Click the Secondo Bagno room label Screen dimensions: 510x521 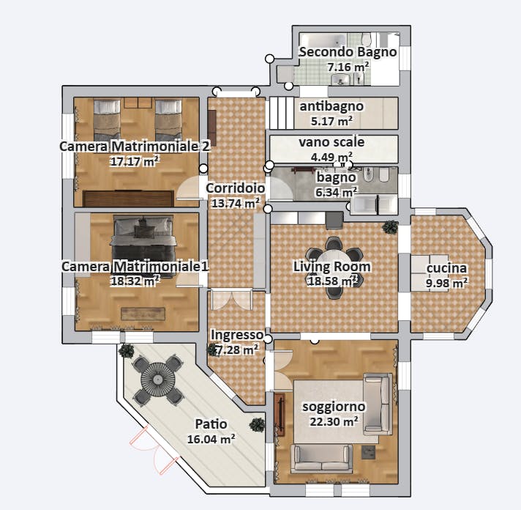(x=348, y=52)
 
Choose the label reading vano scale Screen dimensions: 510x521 (x=331, y=141)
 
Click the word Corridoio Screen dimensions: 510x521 (x=235, y=188)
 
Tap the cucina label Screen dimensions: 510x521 (x=447, y=268)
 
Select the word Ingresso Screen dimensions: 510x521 (x=236, y=335)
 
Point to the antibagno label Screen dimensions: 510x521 (x=331, y=106)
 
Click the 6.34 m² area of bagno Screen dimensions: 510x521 (x=336, y=192)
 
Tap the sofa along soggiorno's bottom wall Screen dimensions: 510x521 (x=323, y=458)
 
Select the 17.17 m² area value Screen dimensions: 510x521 (x=135, y=161)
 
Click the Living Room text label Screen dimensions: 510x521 (x=331, y=266)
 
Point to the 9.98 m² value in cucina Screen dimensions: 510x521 (x=447, y=282)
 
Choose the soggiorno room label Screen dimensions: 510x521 (x=333, y=406)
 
